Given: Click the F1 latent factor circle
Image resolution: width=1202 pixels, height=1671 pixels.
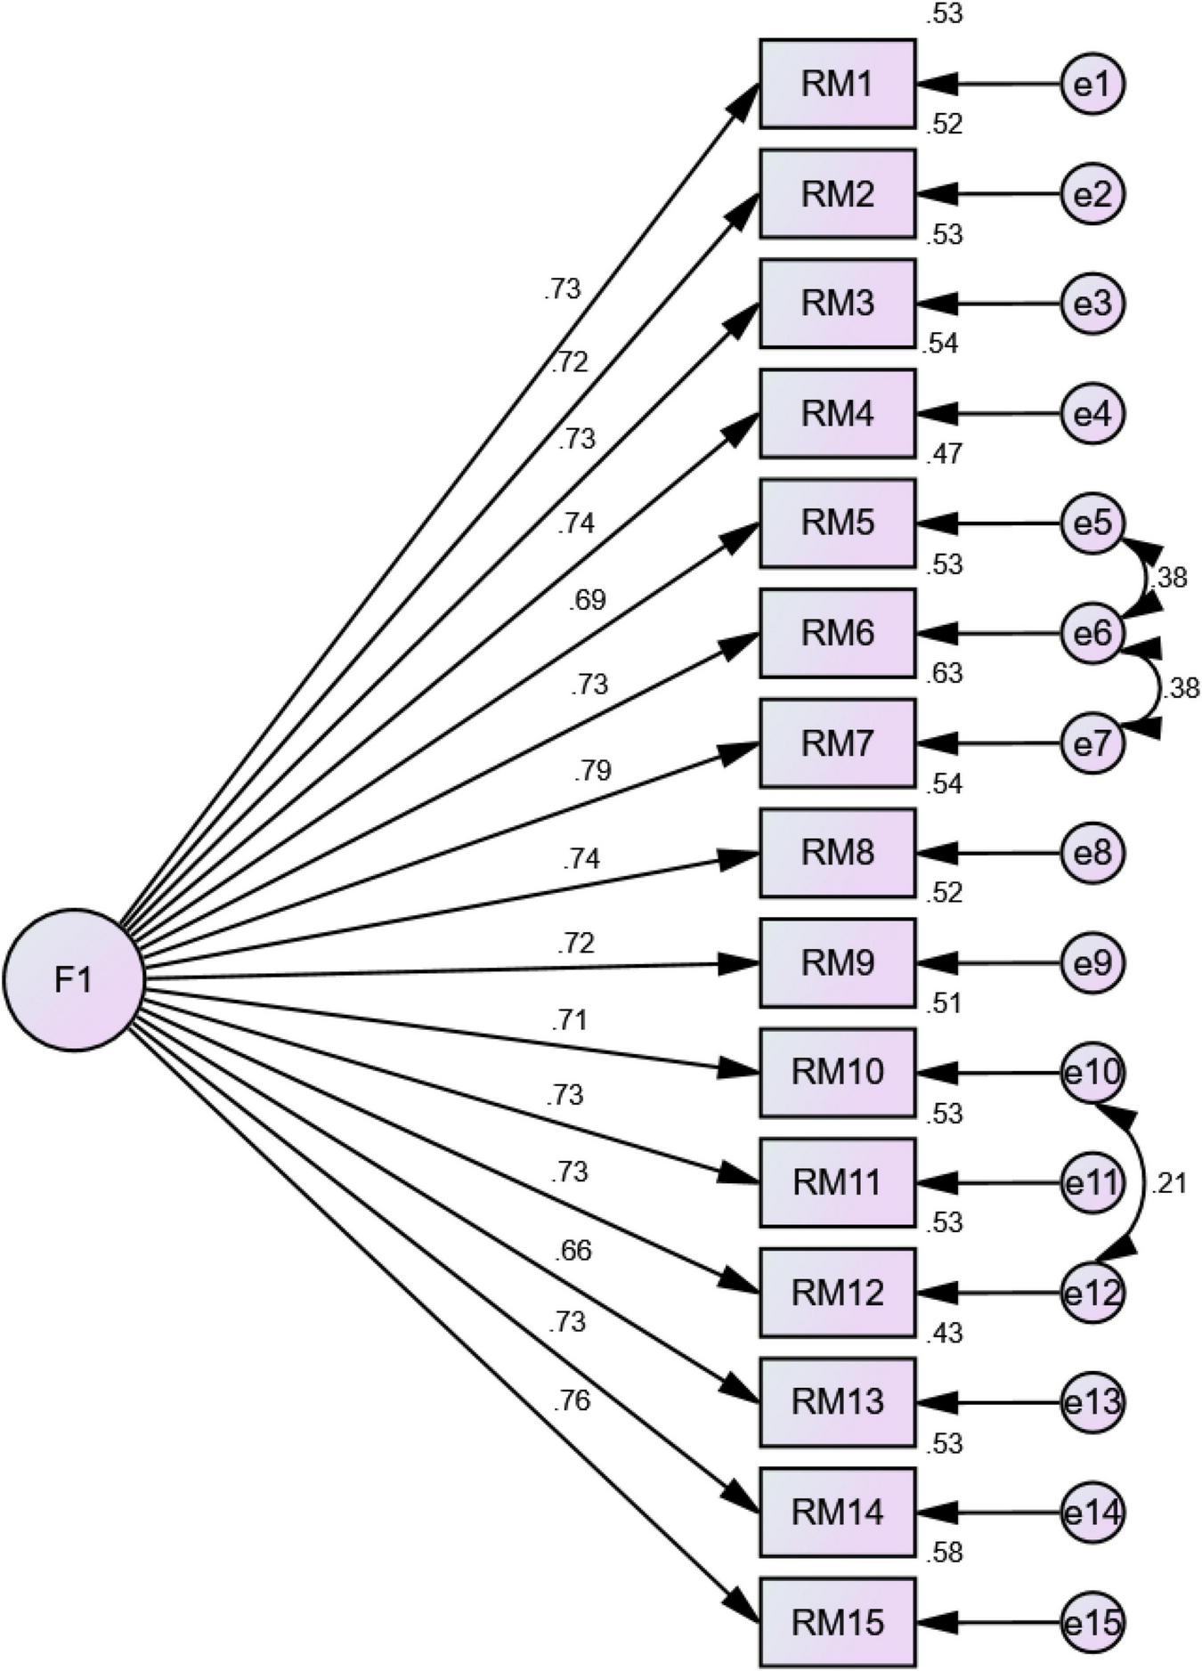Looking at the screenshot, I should (74, 979).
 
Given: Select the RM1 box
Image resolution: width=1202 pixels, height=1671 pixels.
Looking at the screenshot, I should (837, 85).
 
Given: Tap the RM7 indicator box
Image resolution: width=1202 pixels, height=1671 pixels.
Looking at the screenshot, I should (837, 742).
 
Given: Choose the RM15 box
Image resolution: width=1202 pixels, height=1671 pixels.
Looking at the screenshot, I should (837, 1622).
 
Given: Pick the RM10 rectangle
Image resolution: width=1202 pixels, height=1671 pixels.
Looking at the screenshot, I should (837, 1073).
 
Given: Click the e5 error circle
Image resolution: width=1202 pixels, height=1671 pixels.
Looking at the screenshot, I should (1092, 523).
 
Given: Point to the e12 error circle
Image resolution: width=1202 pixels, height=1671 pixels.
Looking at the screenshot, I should (1092, 1293).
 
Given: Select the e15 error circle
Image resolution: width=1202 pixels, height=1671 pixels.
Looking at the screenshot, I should (1092, 1622).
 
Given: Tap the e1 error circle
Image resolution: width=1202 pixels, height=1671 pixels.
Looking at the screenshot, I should (1092, 85).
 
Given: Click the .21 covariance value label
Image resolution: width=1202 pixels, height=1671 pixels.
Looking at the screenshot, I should (1168, 1184).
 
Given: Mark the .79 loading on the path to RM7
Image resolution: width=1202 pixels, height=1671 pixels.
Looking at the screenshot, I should (592, 769).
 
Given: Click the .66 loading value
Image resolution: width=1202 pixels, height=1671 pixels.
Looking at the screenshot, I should (572, 1251).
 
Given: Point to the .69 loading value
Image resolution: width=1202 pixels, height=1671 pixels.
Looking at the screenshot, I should (587, 600).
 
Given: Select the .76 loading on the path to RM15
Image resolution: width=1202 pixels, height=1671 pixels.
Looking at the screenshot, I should (571, 1401).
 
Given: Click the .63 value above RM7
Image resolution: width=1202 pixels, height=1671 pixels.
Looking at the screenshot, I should (944, 674).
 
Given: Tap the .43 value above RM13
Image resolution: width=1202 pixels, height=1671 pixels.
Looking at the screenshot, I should (944, 1334).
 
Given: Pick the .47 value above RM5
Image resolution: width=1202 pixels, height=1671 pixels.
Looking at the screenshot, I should (944, 454).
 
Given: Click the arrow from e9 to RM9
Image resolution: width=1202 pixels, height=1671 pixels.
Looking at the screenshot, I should (988, 963).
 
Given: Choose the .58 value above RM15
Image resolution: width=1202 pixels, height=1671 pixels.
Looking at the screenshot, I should (944, 1553).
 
